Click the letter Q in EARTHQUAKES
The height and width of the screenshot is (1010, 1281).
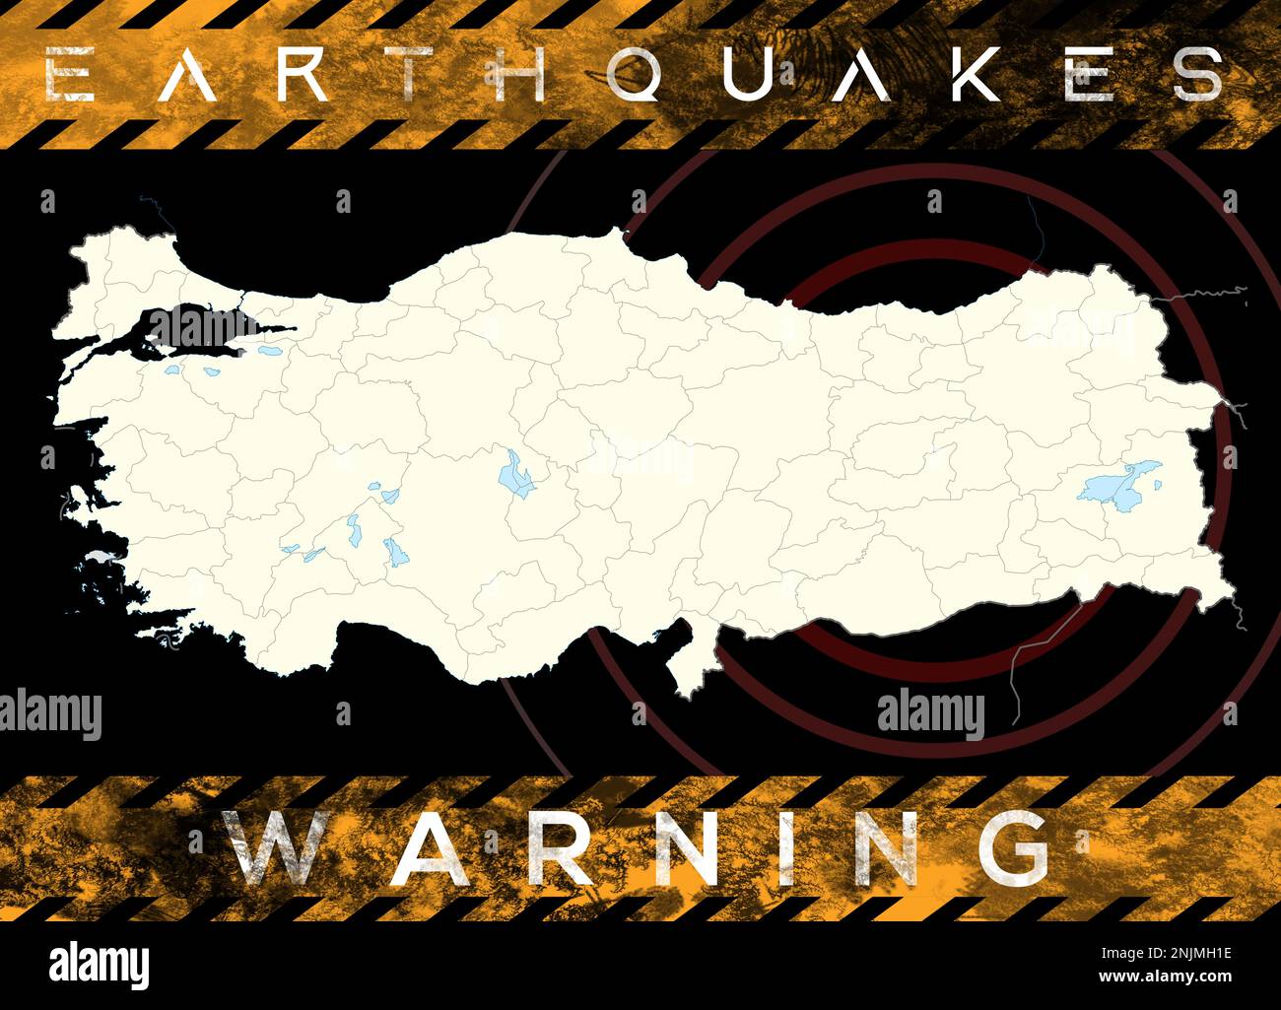click(636, 75)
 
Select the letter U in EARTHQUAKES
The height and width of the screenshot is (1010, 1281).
click(746, 75)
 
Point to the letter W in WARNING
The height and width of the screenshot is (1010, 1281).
click(277, 848)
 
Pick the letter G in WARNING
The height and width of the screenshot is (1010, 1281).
click(1013, 848)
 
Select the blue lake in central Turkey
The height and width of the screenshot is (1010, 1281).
click(513, 475)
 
